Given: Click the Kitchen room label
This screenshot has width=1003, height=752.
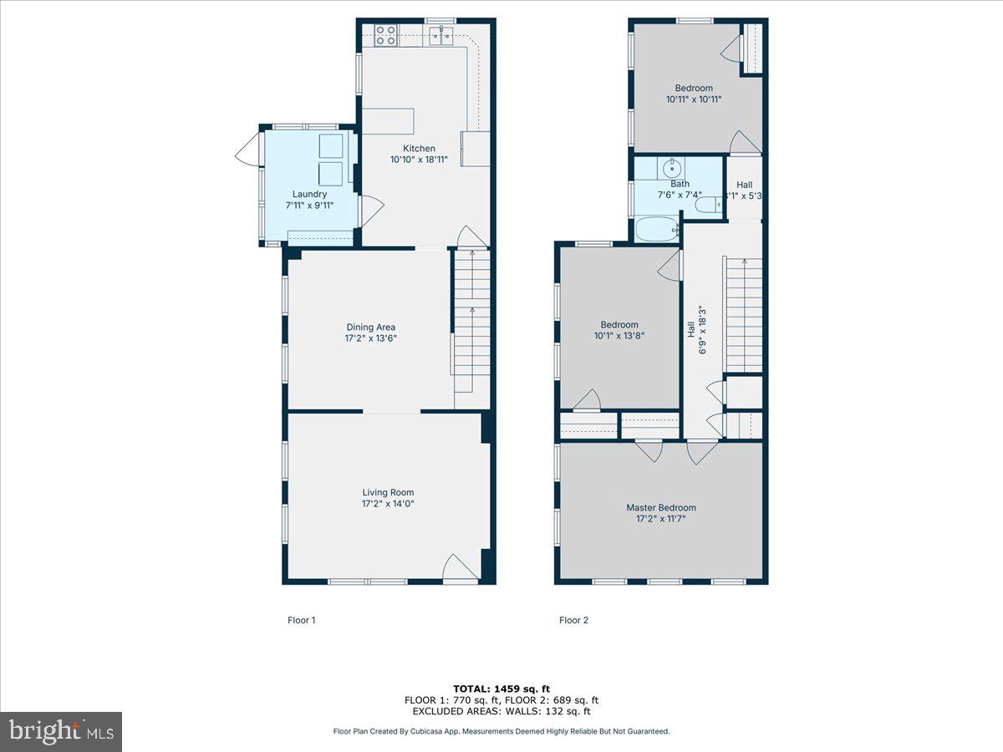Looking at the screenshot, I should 419,148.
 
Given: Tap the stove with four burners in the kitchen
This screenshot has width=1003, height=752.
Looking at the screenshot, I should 385,34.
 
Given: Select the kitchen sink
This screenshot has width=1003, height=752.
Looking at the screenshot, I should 441,34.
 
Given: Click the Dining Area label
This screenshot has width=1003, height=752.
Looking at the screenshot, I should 371,327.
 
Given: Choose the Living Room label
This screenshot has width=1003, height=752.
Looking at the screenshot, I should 388,492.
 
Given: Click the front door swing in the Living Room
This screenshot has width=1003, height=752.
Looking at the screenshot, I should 461,567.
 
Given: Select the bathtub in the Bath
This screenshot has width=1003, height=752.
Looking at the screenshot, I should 657,229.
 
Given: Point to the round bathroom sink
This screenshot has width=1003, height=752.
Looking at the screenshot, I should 671,168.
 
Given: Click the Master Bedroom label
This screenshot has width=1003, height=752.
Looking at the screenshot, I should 661,507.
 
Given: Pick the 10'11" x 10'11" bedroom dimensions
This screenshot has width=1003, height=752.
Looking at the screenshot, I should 694,99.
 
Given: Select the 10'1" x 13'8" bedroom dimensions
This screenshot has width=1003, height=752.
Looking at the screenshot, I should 619,336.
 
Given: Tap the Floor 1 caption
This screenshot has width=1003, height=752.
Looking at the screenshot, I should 302,620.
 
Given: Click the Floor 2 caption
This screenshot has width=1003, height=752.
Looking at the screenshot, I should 574,620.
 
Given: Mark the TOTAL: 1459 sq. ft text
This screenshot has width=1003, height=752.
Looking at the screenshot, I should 501,688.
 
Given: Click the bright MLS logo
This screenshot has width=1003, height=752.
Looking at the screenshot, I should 60,732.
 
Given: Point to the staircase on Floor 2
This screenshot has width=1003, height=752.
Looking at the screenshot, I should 742,314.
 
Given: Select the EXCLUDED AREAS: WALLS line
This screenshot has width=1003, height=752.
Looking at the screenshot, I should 501,712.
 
